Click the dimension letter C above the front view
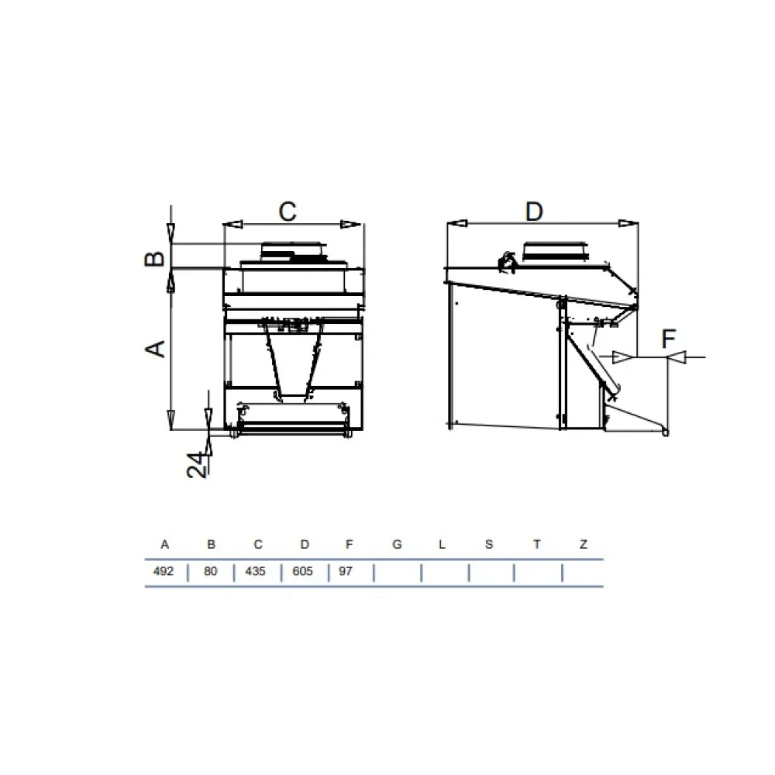point(288,212)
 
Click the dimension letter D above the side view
point(534,212)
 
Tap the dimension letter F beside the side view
point(668,339)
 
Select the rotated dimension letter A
point(156,349)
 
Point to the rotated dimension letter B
point(155,259)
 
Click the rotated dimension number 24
point(197,465)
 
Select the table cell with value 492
point(164,571)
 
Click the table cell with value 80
point(211,571)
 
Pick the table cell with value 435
point(255,571)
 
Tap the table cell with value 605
point(302,571)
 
